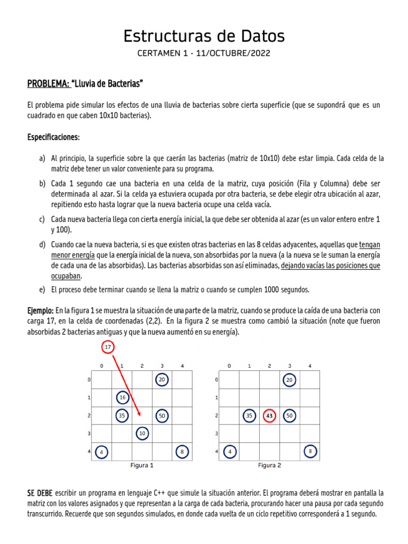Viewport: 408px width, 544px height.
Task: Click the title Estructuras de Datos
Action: tap(204, 36)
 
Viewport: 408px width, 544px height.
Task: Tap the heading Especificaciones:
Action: tap(53, 137)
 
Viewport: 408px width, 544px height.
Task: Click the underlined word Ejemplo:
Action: tap(40, 310)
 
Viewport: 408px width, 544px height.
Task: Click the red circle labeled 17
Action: tap(108, 347)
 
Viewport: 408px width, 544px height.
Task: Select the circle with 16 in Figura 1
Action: tap(122, 397)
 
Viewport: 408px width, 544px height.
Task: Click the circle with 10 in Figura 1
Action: tap(142, 433)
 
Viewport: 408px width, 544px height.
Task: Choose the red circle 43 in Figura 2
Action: tap(269, 416)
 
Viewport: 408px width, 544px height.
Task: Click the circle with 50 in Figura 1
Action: tap(163, 415)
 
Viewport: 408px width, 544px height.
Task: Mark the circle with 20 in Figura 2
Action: tap(290, 380)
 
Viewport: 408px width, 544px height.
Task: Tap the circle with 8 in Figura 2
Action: tap(310, 452)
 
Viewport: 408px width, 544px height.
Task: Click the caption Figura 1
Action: tap(142, 465)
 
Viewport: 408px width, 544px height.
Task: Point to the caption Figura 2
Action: tap(269, 465)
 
